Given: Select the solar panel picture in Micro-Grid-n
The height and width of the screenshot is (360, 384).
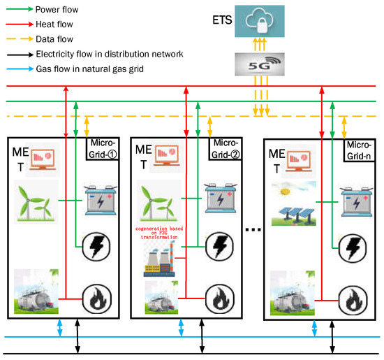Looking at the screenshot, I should (293, 203).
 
